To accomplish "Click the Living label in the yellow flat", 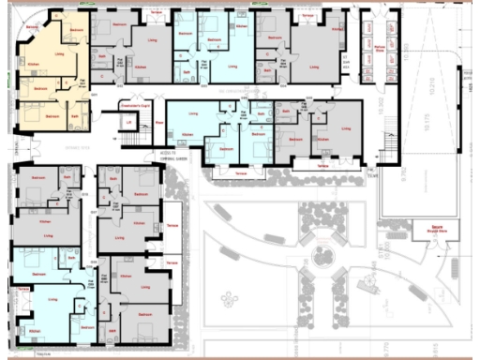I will (60, 54).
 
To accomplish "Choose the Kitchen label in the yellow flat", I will (33, 65).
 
